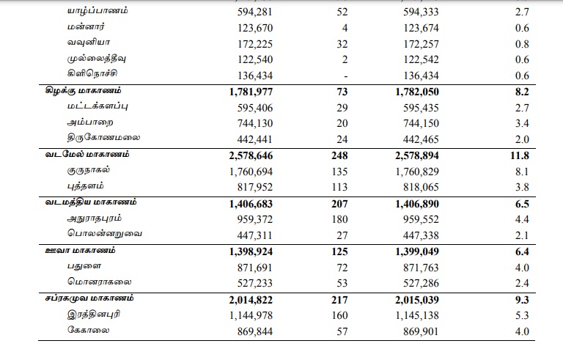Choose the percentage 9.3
(x=521, y=299)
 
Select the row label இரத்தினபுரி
(x=95, y=314)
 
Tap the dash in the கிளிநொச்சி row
(x=344, y=76)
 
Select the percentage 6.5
(x=521, y=203)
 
